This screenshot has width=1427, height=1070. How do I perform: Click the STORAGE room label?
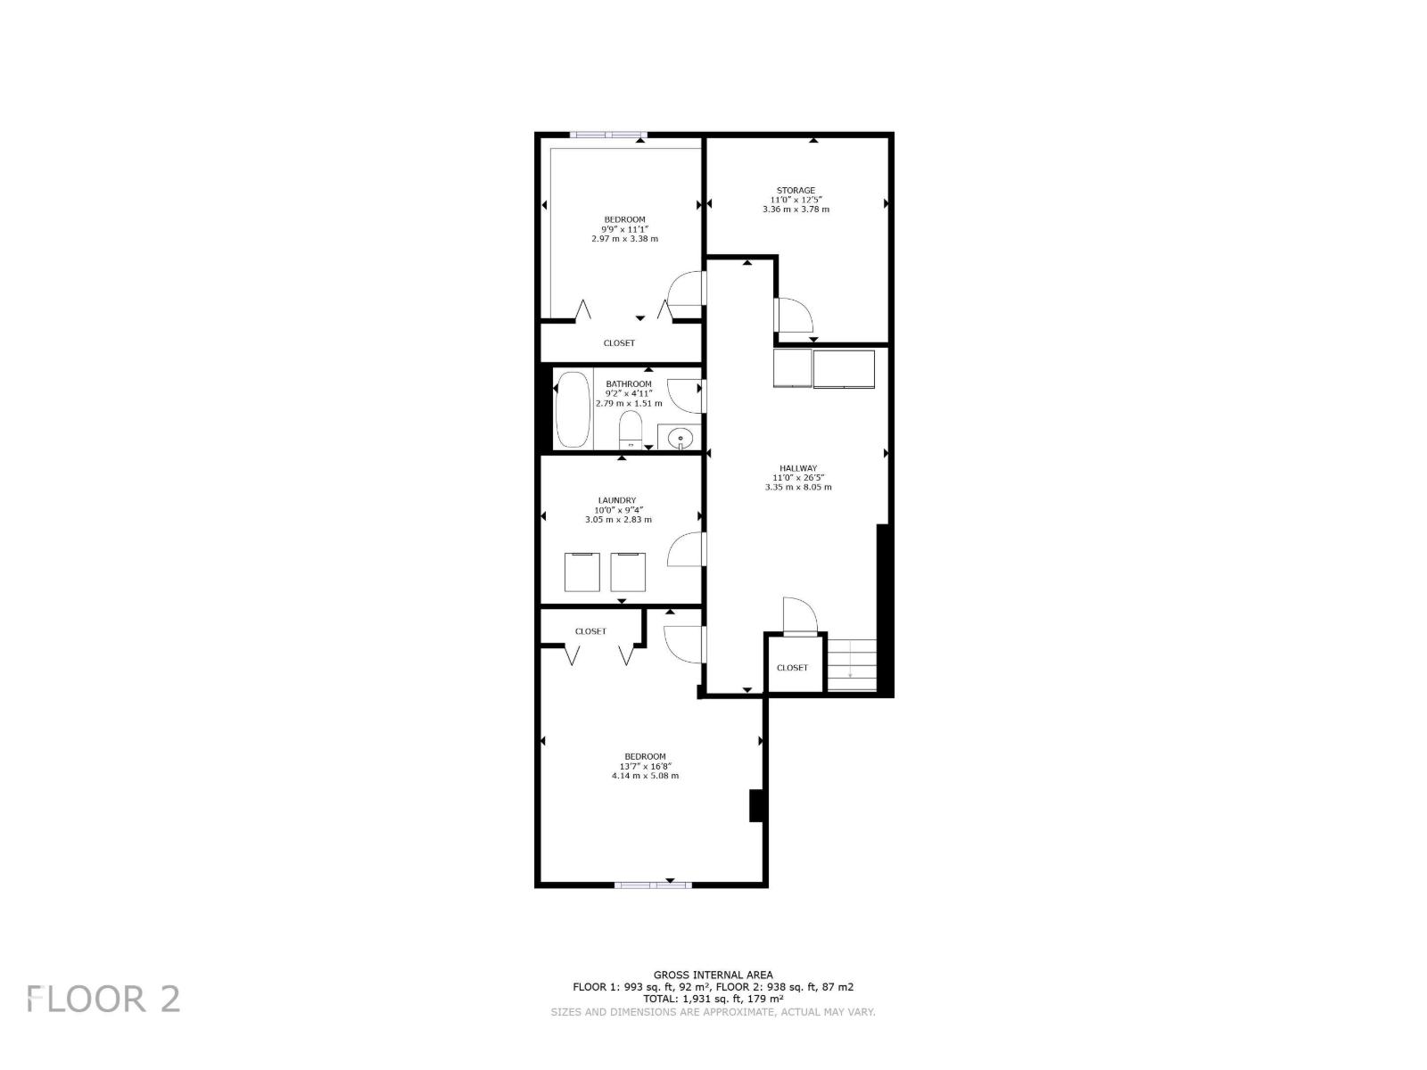[796, 190]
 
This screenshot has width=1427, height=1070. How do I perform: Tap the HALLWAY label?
[798, 468]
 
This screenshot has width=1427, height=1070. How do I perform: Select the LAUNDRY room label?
[617, 500]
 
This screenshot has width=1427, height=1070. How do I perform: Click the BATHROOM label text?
[629, 384]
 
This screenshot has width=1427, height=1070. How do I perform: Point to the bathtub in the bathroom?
[573, 411]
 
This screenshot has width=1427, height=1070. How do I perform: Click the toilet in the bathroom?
[631, 430]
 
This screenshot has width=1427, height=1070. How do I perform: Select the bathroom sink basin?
[681, 438]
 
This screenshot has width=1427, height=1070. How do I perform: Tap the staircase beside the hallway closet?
[852, 664]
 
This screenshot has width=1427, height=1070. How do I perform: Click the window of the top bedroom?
[607, 136]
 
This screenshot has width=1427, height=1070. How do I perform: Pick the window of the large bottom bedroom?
[653, 885]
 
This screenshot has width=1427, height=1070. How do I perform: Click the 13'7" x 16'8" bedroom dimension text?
[645, 766]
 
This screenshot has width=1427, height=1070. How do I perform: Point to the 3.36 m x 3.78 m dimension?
[796, 210]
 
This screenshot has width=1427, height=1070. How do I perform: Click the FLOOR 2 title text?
[103, 999]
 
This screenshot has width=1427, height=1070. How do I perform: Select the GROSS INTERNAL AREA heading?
[713, 975]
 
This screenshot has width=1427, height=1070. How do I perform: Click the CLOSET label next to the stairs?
[792, 668]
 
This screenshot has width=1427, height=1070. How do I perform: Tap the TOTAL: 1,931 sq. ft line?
[713, 999]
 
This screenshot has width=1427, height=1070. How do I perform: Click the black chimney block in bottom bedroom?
[756, 805]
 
